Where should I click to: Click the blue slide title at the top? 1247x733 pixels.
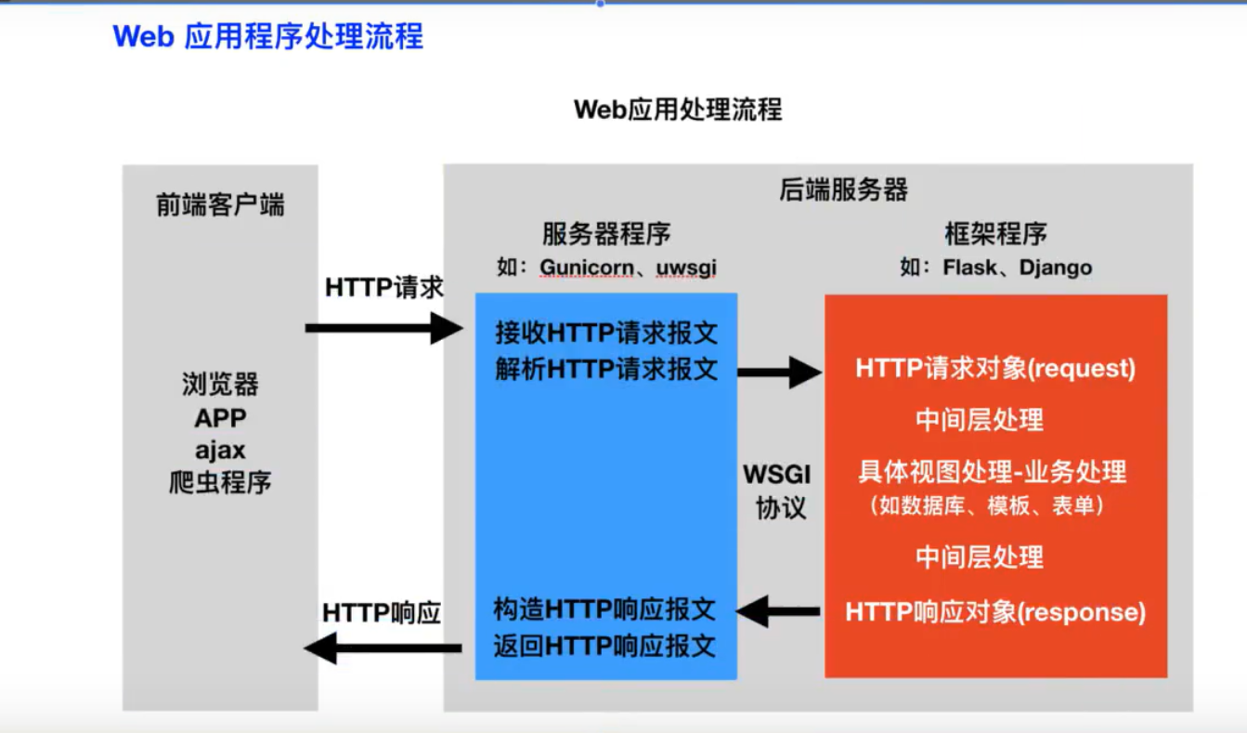tap(267, 36)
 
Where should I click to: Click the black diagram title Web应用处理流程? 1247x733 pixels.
tap(678, 110)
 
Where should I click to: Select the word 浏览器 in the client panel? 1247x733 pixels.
tap(220, 384)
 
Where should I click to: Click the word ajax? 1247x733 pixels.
tap(220, 450)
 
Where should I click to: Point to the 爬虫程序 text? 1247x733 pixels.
tap(220, 483)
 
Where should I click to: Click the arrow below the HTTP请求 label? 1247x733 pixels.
tap(383, 328)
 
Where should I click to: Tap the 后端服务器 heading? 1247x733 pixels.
tap(843, 190)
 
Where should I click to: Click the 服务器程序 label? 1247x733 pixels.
tap(606, 232)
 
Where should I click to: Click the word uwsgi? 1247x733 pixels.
tap(686, 268)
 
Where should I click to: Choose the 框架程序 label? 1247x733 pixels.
tap(995, 232)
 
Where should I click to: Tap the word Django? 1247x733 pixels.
tap(1056, 268)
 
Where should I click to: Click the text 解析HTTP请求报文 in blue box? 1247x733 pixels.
tap(606, 370)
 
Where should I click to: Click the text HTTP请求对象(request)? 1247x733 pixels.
tap(995, 369)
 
